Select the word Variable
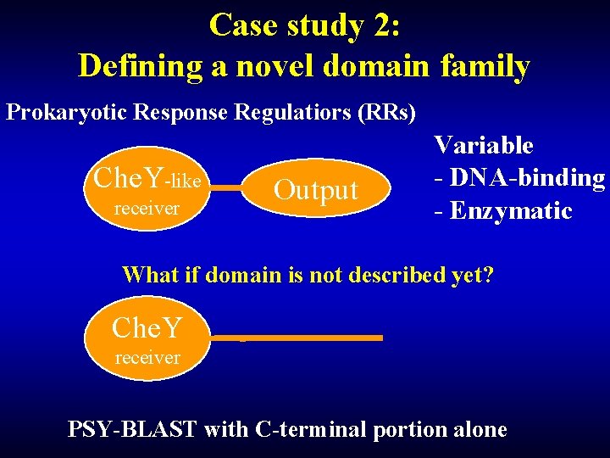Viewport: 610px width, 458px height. pos(483,145)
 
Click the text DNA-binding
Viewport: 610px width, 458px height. pos(526,177)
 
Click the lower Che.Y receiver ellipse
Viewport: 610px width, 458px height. pos(147,338)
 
